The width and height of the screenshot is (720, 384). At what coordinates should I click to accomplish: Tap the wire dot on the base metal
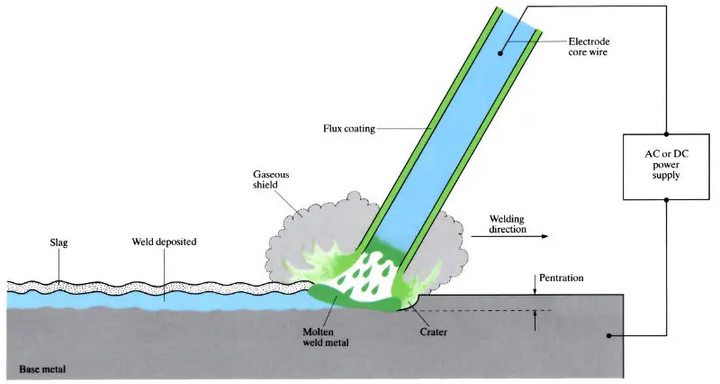(x=609, y=336)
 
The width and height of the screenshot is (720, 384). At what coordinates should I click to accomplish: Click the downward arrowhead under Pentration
(x=535, y=290)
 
